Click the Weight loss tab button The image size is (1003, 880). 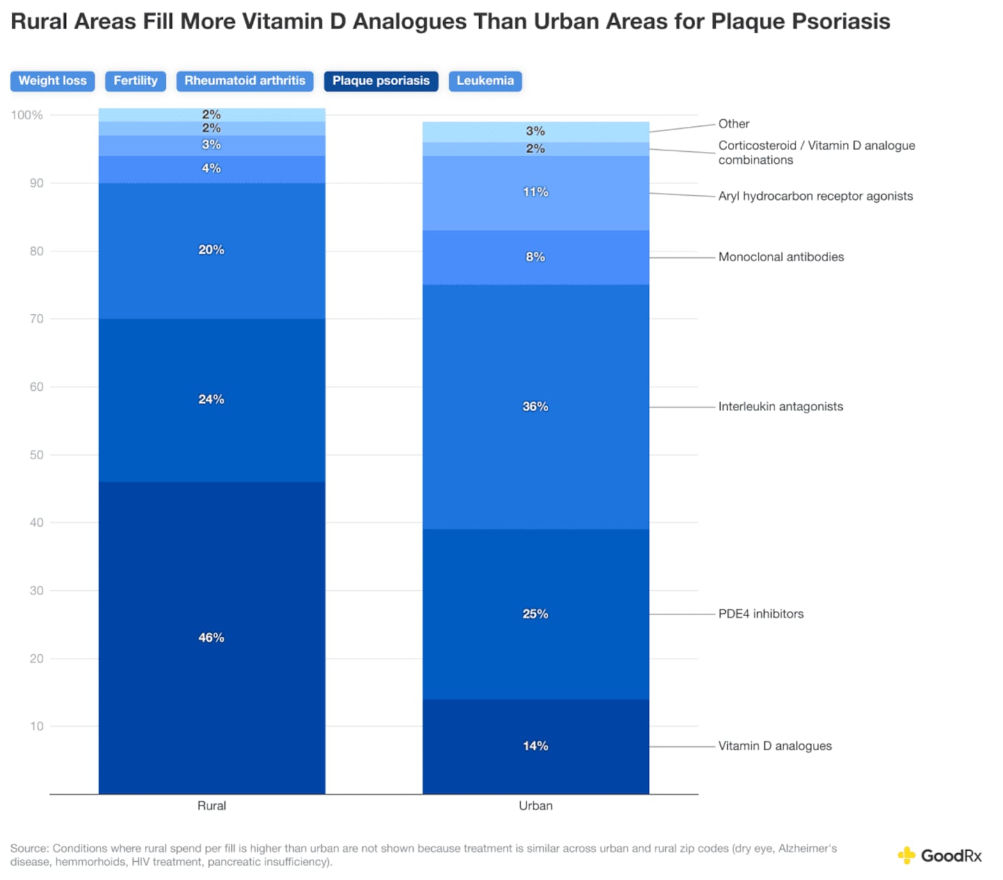(52, 81)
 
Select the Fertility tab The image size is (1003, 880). (136, 81)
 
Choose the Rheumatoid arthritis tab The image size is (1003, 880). (244, 81)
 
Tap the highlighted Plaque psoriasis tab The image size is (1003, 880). (381, 81)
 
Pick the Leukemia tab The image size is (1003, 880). (485, 81)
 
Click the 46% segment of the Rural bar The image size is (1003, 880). (212, 638)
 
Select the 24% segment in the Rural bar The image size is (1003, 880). (212, 399)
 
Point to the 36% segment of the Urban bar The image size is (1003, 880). (536, 406)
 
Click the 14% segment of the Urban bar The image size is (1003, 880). (536, 746)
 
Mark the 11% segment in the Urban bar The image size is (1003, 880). (536, 192)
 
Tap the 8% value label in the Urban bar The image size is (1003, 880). (536, 257)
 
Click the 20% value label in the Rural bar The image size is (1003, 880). (212, 250)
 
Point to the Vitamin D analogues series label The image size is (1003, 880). (775, 746)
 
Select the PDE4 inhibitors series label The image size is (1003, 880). (761, 614)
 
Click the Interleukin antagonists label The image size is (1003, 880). (780, 406)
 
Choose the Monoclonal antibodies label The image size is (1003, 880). (781, 257)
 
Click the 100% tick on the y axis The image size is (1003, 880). (26, 115)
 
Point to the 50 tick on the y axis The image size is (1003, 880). (36, 455)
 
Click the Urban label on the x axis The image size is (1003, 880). (536, 805)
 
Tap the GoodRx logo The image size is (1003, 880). (940, 856)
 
